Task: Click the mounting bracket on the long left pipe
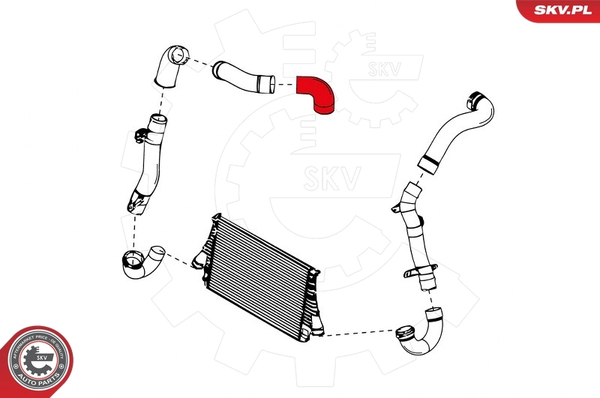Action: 140,137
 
